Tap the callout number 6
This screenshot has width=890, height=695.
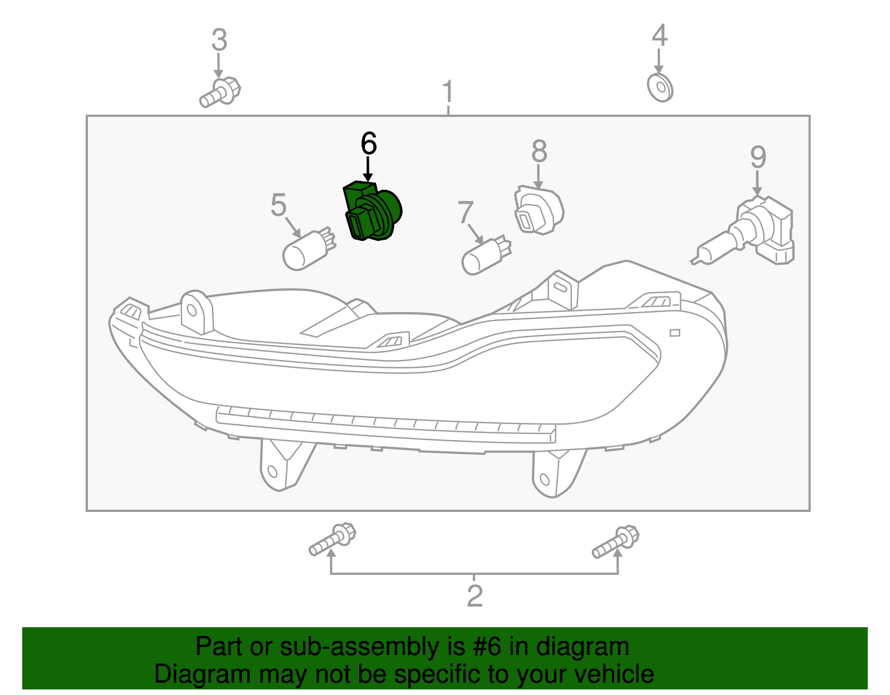(x=369, y=144)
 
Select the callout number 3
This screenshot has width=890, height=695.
(x=219, y=40)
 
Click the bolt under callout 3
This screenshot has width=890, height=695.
(x=220, y=92)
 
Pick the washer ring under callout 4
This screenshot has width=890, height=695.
(x=660, y=88)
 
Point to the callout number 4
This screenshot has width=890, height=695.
(x=659, y=35)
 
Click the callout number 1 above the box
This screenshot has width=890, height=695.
(x=448, y=91)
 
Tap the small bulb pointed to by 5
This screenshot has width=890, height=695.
(x=309, y=249)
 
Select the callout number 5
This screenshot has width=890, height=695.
(x=279, y=205)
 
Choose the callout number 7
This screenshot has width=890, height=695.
(x=465, y=212)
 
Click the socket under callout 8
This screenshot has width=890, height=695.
(x=538, y=210)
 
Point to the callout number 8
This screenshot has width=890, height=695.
(x=539, y=151)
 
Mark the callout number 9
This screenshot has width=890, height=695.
(x=758, y=157)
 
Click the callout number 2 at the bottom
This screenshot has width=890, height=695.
(x=474, y=597)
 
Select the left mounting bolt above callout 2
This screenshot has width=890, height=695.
(x=332, y=539)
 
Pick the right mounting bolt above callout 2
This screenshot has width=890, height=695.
(x=615, y=541)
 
